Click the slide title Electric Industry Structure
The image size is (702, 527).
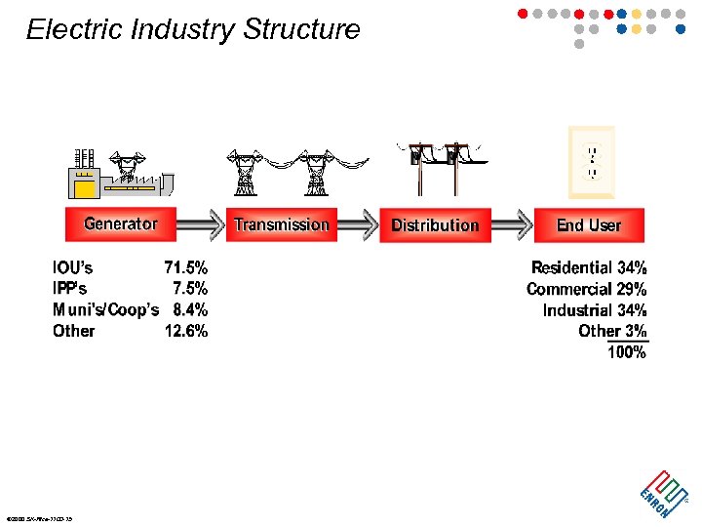pos(193,29)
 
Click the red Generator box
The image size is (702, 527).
pos(120,223)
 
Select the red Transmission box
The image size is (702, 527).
pos(282,224)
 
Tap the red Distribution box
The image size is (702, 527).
pos(435,224)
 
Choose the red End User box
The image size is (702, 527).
pos(589,224)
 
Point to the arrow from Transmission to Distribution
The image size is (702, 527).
pos(358,224)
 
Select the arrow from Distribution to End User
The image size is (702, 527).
pos(512,224)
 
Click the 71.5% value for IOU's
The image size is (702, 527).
pos(185,266)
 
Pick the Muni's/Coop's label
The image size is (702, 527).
pos(105,309)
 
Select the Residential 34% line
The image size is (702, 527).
pos(589,267)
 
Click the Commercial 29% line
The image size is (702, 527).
pos(586,289)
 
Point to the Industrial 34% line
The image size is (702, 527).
pos(595,310)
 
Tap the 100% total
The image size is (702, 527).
pos(627,352)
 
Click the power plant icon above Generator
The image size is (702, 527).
pos(119,174)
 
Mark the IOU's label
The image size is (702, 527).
pos(73,266)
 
